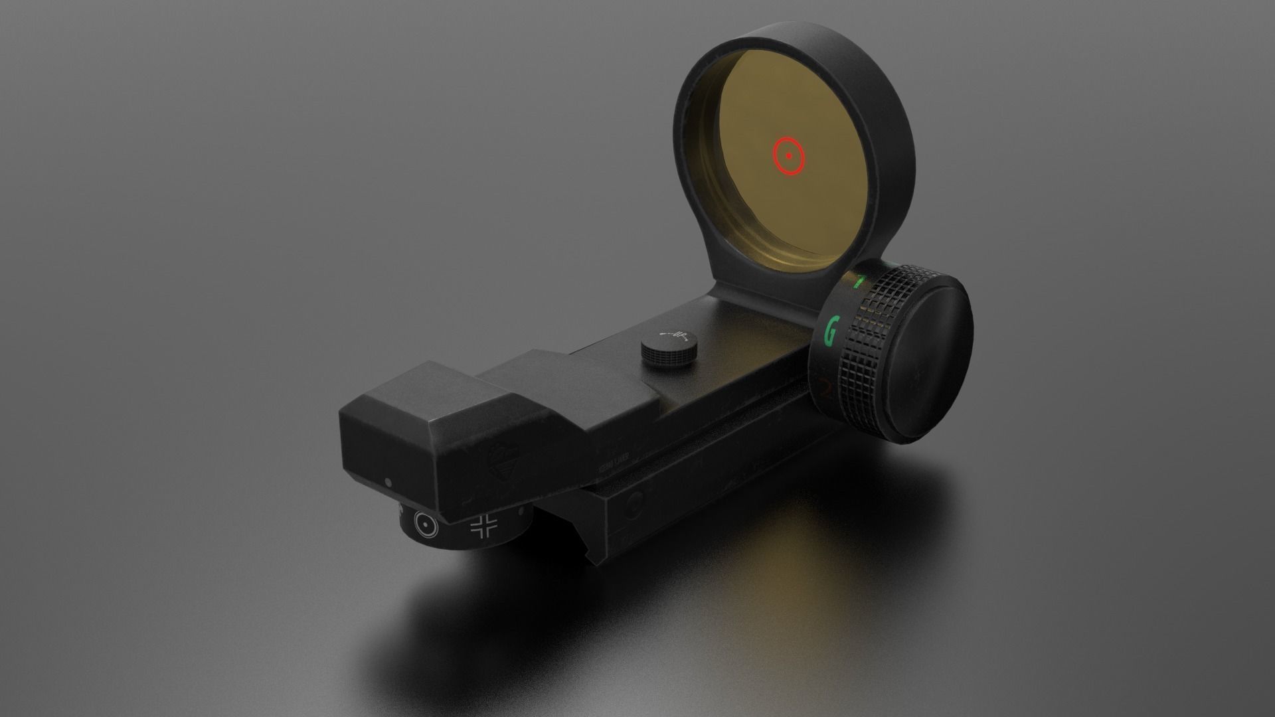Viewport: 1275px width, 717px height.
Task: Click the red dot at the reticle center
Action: pos(789,157)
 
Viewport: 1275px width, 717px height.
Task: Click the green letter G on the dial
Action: pos(830,331)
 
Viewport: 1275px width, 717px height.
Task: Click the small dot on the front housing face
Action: pos(388,481)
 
